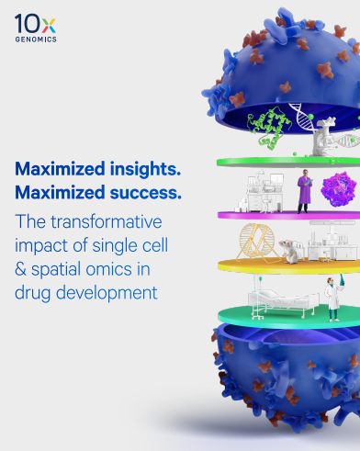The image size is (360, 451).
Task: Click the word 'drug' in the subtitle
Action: pos(33,293)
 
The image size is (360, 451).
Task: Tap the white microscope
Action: pos(323,139)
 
